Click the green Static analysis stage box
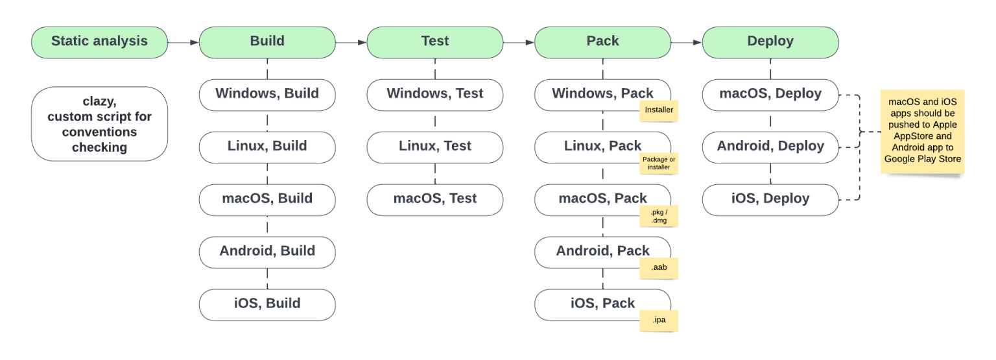99,42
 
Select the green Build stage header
267,42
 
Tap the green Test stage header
434,42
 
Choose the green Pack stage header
602,42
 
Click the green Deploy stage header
770,42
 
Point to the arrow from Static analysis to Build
184,42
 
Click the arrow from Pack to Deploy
687,42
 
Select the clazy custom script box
99,125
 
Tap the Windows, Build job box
267,94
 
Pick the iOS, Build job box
267,304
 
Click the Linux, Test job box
434,147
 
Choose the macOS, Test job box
434,199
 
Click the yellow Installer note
659,110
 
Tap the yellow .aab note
659,268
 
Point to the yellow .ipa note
659,320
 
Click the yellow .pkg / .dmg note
659,216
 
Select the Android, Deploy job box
770,147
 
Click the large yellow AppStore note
922,132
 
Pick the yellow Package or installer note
659,163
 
